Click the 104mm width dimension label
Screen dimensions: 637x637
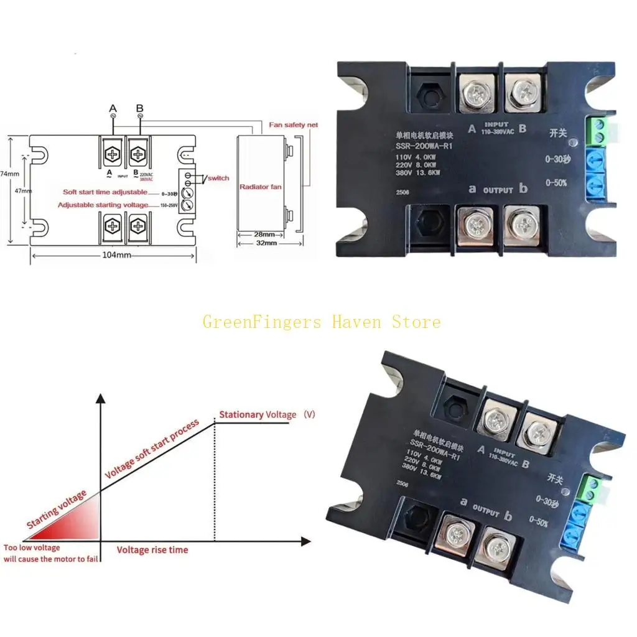click(x=114, y=255)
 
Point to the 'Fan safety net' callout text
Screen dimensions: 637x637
click(x=293, y=125)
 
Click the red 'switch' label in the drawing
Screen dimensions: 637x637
click(x=218, y=178)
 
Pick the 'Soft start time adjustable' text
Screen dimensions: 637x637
click(x=105, y=192)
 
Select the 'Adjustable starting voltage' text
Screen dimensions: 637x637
click(x=103, y=205)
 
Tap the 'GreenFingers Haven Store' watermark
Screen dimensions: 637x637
click(x=322, y=322)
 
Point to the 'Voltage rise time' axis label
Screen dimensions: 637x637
click(x=152, y=550)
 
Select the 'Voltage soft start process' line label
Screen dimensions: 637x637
click(x=152, y=450)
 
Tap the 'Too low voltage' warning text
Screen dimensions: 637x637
click(x=32, y=548)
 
